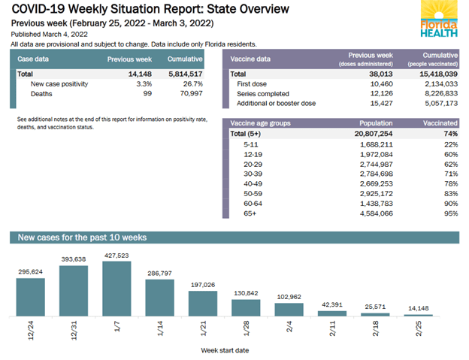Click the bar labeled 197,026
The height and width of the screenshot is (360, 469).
pos(203,303)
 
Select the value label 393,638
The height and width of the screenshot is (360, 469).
pos(74,259)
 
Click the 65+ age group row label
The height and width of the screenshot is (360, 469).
pos(250,213)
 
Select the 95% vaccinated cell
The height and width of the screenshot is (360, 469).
pos(450,213)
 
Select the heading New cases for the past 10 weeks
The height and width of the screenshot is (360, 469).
pos(78,237)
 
